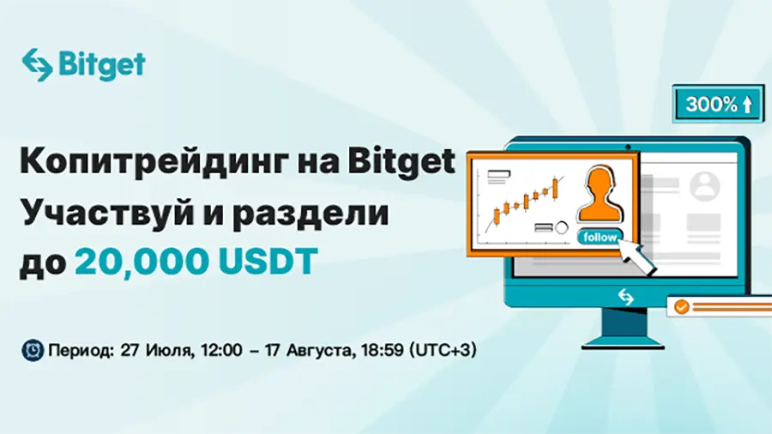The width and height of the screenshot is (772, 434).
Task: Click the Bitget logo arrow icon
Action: click(37, 64)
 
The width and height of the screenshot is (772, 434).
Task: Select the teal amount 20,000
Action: click(142, 262)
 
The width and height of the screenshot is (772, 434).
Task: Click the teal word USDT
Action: click(268, 262)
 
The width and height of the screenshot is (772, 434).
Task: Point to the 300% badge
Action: click(718, 104)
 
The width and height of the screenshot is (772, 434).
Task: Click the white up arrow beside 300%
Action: click(747, 105)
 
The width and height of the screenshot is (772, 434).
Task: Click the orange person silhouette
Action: click(600, 194)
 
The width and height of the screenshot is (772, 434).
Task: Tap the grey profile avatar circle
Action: click(704, 186)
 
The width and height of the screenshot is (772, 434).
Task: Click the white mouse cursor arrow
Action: click(636, 256)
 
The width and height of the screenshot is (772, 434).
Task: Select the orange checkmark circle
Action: click(681, 307)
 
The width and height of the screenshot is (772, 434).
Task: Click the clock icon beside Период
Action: click(33, 350)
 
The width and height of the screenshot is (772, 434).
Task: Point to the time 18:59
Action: click(382, 350)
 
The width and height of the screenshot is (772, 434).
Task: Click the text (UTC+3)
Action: click(443, 350)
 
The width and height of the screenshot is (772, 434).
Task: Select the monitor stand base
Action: click(623, 342)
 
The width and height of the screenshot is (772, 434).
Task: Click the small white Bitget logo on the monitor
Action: click(626, 297)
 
